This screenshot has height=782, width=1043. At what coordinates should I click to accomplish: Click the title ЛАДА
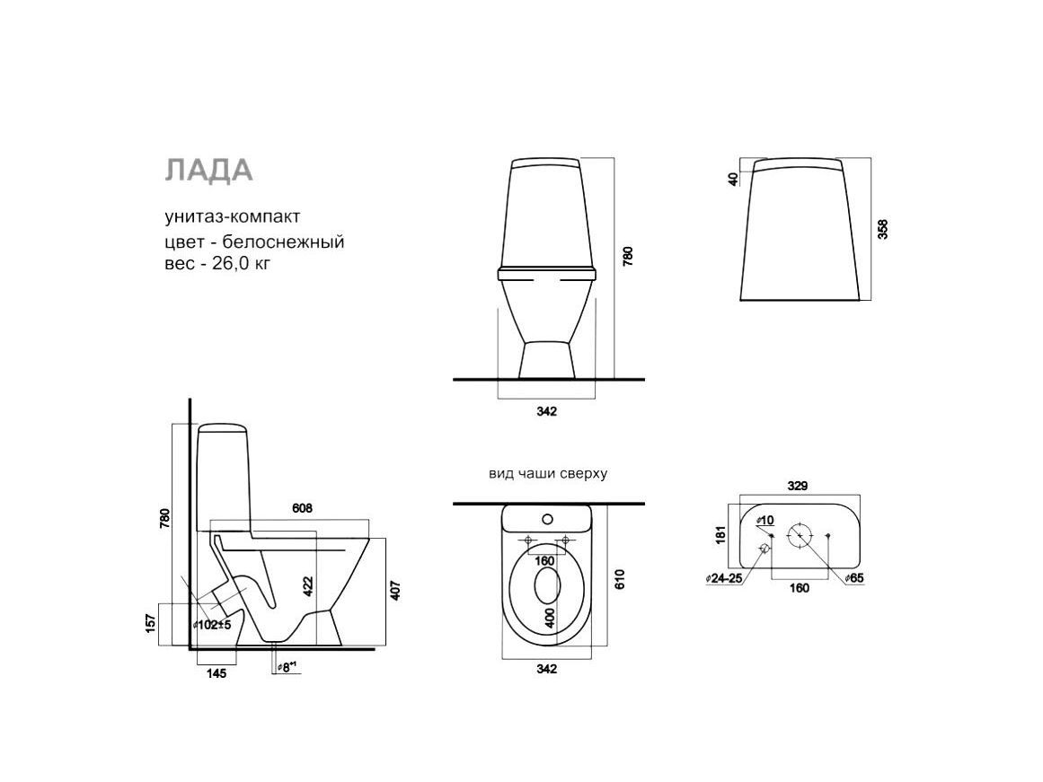click(x=208, y=171)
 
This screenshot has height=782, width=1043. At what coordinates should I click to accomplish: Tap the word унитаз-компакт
click(x=232, y=216)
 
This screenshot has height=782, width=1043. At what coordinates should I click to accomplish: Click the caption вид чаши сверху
click(x=548, y=474)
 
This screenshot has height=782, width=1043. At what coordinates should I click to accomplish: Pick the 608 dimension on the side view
click(x=302, y=509)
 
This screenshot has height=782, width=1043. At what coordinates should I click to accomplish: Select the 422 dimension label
click(x=308, y=586)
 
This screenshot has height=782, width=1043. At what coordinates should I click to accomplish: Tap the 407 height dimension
click(x=396, y=591)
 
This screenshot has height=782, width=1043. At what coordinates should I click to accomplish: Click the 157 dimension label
click(x=151, y=622)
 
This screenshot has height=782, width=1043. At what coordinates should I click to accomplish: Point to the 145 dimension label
click(x=217, y=673)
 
